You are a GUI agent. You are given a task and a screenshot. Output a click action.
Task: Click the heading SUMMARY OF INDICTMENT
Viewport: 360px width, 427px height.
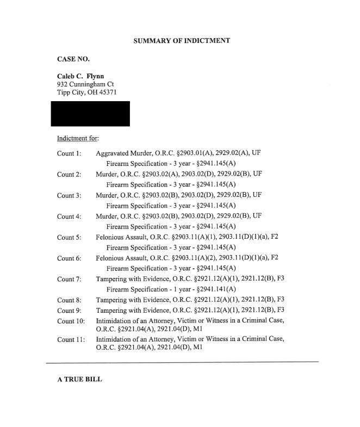(181, 40)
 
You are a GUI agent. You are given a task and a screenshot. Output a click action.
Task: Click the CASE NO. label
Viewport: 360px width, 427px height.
(73, 59)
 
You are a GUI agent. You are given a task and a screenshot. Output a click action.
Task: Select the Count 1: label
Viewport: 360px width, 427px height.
(69, 153)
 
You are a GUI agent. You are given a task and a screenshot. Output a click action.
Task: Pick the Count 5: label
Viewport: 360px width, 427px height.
(69, 237)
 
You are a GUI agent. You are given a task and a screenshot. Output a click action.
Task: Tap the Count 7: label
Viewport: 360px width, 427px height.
(69, 279)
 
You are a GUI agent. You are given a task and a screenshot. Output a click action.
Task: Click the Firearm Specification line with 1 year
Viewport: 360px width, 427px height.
(171, 289)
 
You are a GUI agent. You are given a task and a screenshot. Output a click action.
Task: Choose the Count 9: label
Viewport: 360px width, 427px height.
(69, 310)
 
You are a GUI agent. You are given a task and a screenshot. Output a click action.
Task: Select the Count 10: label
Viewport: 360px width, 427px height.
(71, 321)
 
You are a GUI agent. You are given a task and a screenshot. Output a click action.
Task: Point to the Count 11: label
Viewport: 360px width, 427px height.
(71, 339)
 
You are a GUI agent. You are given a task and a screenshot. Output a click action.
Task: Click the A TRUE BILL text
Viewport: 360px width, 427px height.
(79, 380)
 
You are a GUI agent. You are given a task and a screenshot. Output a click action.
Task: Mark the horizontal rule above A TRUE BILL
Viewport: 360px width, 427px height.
(182, 362)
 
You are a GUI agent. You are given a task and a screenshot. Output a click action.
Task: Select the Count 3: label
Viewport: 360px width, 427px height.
(69, 195)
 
